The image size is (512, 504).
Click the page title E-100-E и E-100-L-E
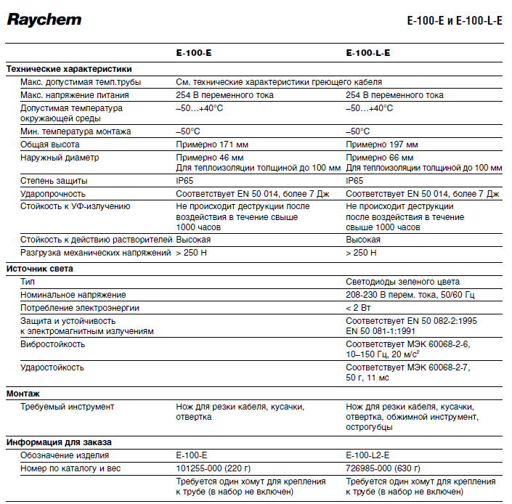tap(455, 21)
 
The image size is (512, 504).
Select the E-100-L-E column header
tap(373, 54)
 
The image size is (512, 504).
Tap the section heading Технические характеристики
tap(69, 69)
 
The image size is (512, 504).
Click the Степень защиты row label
tap(54, 180)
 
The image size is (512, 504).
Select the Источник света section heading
tap(40, 269)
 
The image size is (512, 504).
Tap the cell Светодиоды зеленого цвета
tap(402, 282)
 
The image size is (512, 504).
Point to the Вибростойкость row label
tap(53, 344)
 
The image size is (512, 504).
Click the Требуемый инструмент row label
tap(68, 407)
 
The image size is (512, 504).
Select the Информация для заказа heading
tap(59, 442)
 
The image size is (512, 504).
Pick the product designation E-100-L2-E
tap(373, 455)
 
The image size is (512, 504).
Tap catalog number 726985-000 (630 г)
tap(387, 468)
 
